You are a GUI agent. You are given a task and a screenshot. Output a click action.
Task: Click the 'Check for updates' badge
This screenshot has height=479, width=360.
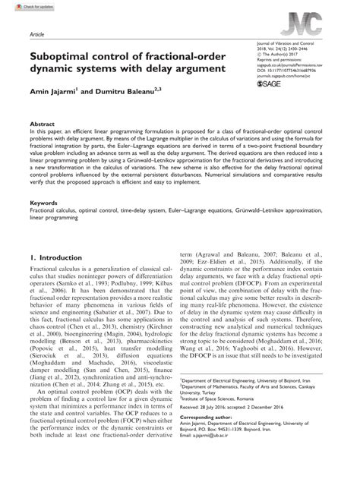(x=21, y=6)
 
